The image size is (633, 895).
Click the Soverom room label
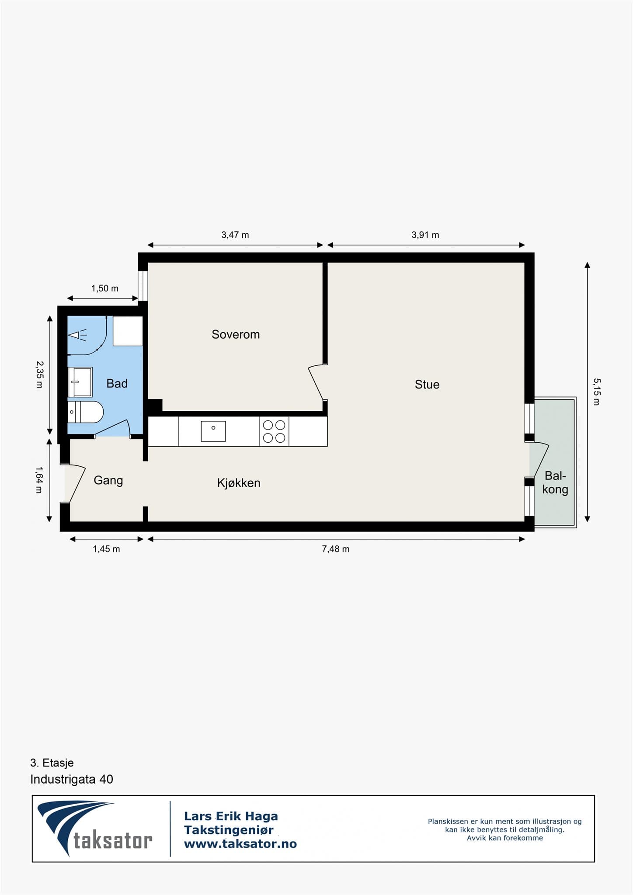coord(236,334)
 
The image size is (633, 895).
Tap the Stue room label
coord(427,385)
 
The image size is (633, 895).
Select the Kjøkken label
coord(239,483)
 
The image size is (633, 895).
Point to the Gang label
coord(108,481)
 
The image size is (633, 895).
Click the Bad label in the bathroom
coord(117,384)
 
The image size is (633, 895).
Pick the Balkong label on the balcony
coord(555,482)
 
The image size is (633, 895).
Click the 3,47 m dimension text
coord(235,235)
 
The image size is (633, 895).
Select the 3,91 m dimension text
coord(425,235)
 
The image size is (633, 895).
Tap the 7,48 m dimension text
coord(336,549)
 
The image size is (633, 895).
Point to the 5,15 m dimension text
coord(596,392)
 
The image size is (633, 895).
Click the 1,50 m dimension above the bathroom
coord(105,288)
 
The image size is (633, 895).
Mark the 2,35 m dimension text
coord(39,375)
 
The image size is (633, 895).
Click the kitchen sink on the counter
coord(213,431)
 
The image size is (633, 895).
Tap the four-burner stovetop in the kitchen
coord(274,431)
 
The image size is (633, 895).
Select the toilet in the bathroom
coord(86,412)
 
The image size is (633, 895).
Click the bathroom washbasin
coord(80,382)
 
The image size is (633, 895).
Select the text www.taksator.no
coord(240,844)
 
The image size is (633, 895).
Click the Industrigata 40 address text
coord(72,779)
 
